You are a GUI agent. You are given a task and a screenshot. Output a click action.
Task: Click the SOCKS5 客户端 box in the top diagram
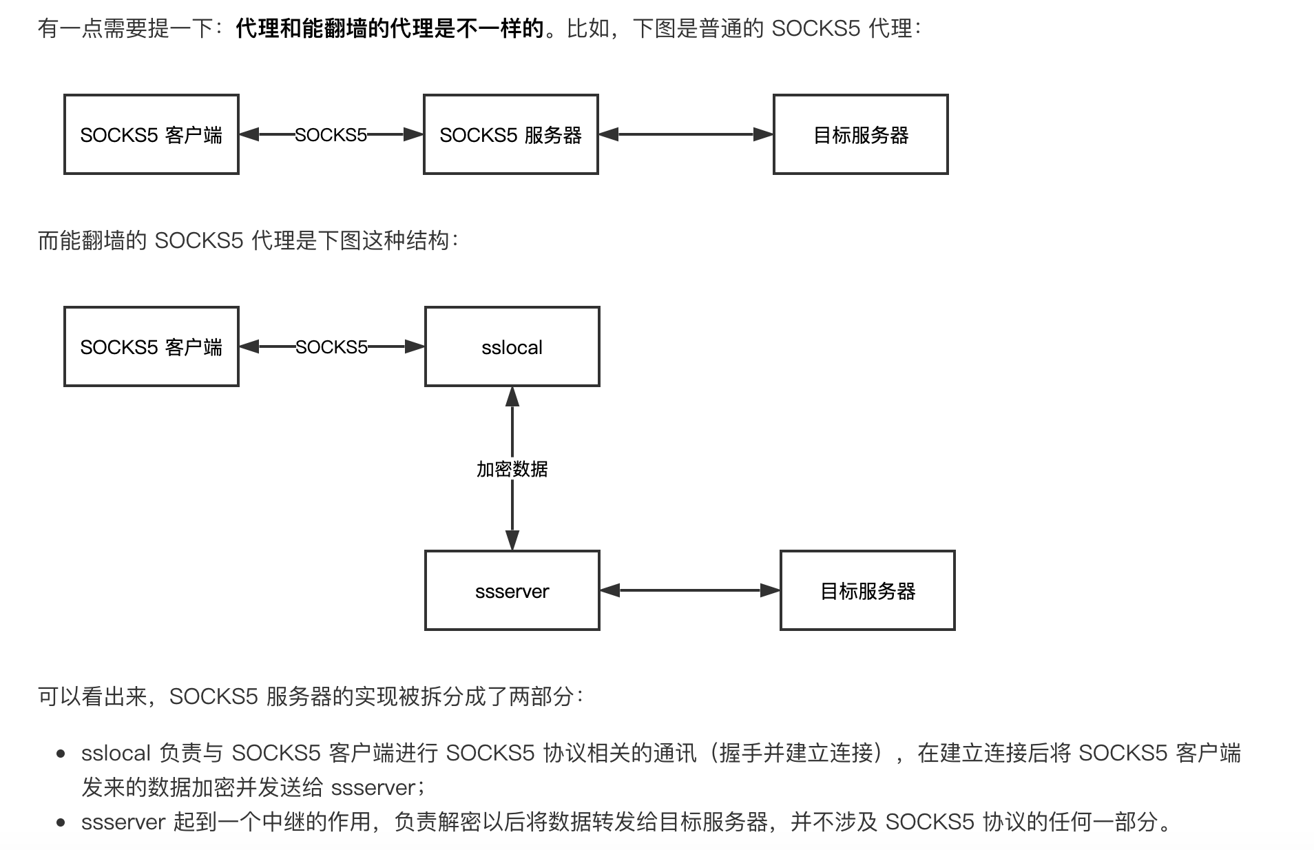click(x=151, y=134)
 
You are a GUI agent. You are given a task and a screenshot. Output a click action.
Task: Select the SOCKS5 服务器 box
click(x=510, y=134)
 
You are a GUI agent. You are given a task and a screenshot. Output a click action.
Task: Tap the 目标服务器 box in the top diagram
click(x=860, y=134)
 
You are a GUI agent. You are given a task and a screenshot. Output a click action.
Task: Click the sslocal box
click(x=512, y=346)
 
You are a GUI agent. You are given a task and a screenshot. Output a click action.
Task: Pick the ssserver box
click(x=512, y=590)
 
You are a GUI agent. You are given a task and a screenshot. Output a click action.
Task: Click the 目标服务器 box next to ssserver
click(x=867, y=590)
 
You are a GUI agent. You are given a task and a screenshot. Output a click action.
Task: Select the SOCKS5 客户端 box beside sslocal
click(x=151, y=346)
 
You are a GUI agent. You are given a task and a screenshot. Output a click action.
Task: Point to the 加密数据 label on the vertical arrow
click(x=512, y=469)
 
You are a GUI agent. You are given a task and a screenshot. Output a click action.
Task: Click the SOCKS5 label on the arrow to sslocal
click(x=331, y=346)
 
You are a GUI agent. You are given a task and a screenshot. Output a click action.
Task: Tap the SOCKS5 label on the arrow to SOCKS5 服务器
click(x=331, y=134)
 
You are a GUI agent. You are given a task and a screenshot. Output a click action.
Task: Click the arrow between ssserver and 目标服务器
click(x=689, y=590)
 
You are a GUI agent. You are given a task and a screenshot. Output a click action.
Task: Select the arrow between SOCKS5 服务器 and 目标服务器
click(x=685, y=134)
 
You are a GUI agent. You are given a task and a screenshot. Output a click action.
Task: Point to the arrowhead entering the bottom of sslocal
click(x=512, y=396)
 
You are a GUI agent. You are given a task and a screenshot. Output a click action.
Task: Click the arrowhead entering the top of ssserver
click(x=512, y=540)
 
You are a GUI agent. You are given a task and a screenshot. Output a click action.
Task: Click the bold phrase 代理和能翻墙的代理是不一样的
click(x=389, y=28)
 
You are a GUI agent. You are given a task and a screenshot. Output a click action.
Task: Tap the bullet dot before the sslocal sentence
click(x=61, y=754)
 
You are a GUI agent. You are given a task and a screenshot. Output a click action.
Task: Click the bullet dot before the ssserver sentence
click(x=61, y=822)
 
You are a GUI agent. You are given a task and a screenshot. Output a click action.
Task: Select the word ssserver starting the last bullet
click(x=123, y=822)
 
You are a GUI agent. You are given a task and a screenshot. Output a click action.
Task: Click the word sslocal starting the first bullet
click(x=116, y=753)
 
